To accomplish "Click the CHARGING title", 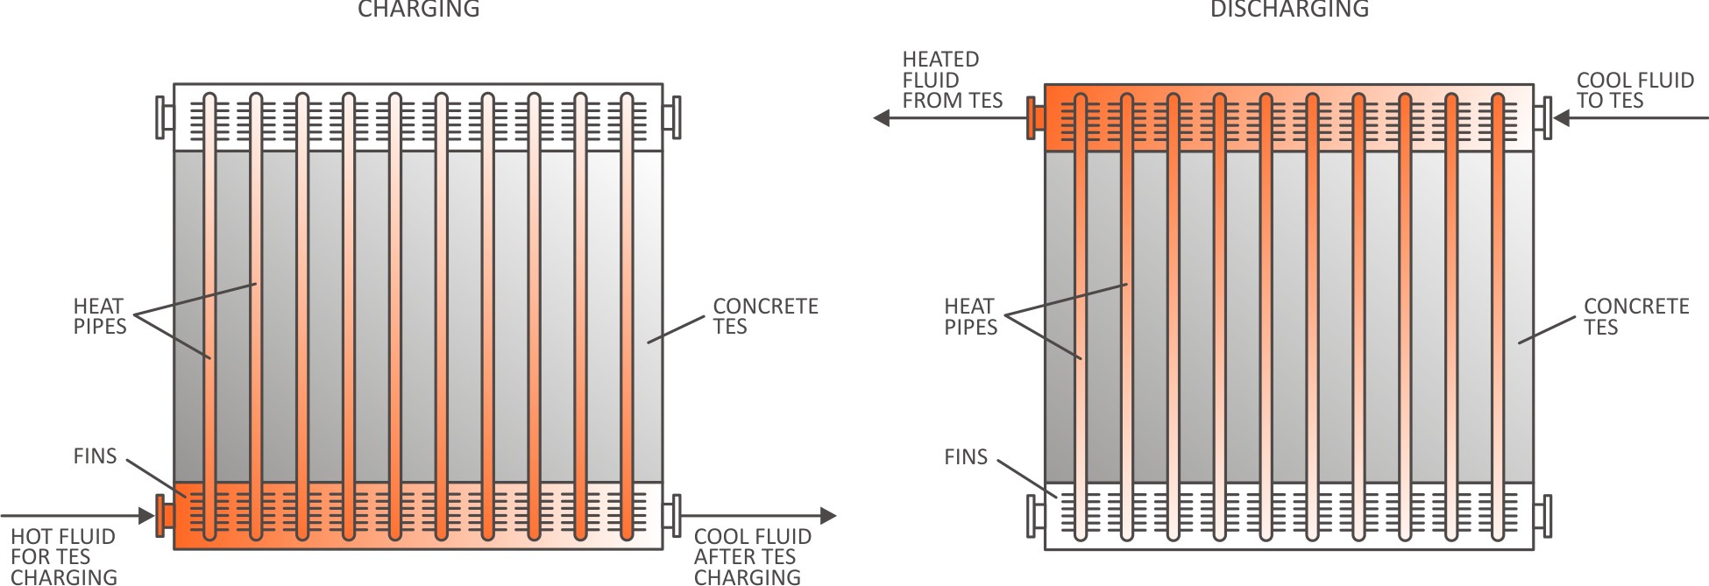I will tap(419, 10).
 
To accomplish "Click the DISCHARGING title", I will tap(1289, 10).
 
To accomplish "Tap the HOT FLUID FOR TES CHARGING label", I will tap(63, 557).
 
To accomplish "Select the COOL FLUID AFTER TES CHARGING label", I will tap(752, 557).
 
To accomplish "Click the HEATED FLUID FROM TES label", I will tap(952, 80).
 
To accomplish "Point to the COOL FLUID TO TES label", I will tap(1635, 90).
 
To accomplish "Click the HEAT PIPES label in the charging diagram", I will tap(99, 316).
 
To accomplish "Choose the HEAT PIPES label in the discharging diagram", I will tap(970, 317).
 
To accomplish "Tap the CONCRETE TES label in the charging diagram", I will tap(765, 316).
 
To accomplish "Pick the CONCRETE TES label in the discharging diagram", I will tap(1636, 317).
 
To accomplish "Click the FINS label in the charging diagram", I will tap(95, 456).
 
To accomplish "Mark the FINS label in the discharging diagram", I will tap(965, 457).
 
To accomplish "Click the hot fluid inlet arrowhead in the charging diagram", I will tap(146, 517).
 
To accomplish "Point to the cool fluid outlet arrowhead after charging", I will tap(828, 517).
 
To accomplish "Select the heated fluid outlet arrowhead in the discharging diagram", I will tap(882, 117).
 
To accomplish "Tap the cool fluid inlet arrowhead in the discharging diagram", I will tap(1561, 117).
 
